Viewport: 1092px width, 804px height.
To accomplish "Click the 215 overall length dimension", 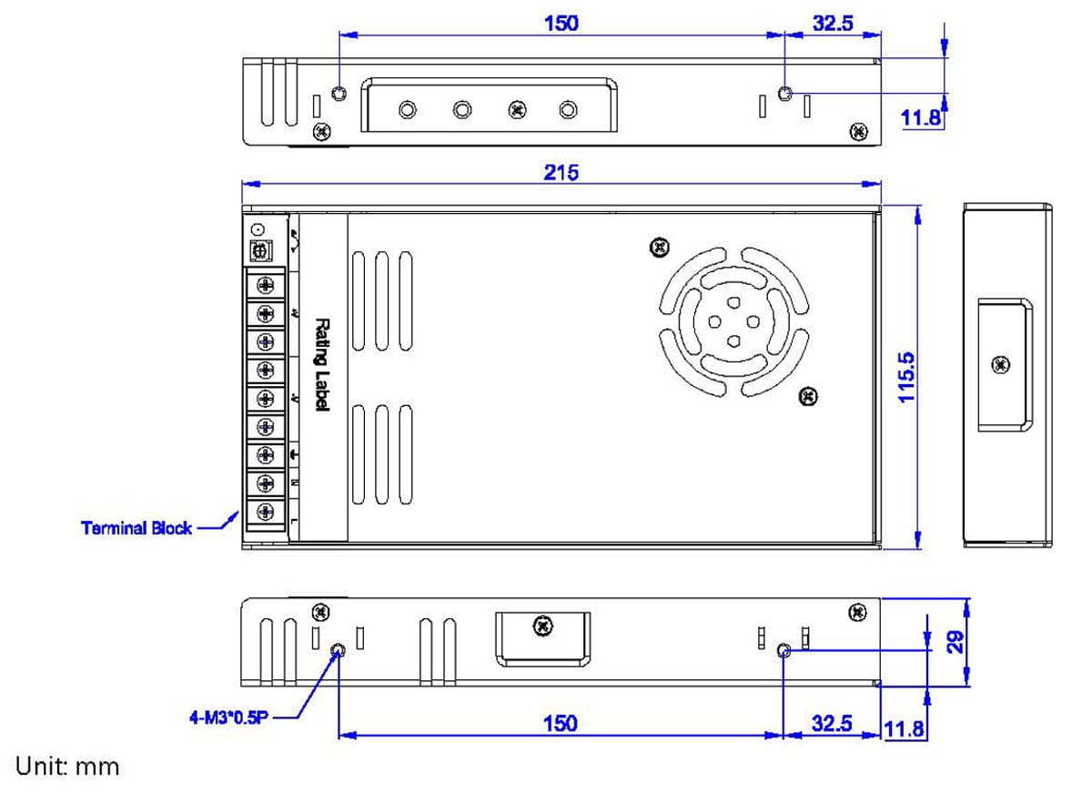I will click(x=561, y=172).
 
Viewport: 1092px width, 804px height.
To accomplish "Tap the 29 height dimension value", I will click(x=954, y=643).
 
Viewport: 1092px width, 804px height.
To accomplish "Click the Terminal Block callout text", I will click(x=136, y=528).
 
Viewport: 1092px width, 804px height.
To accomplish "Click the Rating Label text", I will click(x=321, y=364).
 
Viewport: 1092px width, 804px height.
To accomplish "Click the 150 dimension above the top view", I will click(x=561, y=23).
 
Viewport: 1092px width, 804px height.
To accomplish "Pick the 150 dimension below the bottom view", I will click(x=560, y=723).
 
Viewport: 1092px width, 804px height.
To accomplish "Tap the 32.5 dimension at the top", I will click(x=832, y=23).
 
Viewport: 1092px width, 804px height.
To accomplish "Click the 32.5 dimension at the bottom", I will click(x=832, y=723).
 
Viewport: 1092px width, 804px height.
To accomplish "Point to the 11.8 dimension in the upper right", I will click(x=921, y=118).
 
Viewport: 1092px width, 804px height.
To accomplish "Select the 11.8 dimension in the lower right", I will click(x=904, y=729).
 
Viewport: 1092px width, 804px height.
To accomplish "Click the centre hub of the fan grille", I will click(x=733, y=321).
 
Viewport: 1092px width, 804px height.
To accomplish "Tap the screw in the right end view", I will click(x=1001, y=365).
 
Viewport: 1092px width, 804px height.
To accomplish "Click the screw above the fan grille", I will click(x=661, y=247).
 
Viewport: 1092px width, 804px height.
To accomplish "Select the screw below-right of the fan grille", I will click(x=807, y=396).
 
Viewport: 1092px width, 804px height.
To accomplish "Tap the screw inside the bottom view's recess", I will click(x=543, y=626).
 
